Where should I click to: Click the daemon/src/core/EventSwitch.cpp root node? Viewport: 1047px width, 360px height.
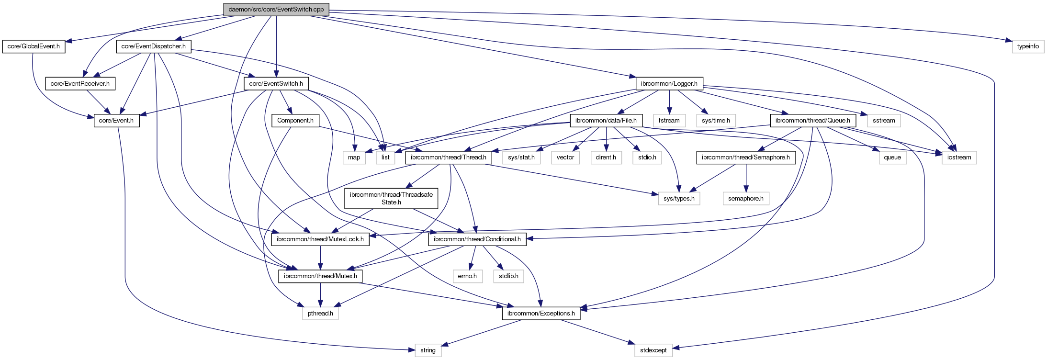click(276, 9)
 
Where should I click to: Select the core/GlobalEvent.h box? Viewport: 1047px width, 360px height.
click(34, 46)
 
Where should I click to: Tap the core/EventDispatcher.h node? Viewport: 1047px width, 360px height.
click(154, 46)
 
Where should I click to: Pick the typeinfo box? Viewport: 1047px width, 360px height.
click(1028, 46)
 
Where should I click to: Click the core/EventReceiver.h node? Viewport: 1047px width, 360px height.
click(80, 83)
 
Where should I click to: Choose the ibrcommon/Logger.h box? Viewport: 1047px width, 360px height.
click(669, 83)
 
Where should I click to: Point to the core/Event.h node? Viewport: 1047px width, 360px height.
click(116, 120)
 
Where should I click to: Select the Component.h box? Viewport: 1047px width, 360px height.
click(295, 120)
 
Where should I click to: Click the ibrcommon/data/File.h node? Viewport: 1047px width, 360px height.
click(606, 120)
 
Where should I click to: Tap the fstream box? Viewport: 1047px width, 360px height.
click(669, 120)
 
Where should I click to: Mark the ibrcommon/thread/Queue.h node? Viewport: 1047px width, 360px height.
click(813, 120)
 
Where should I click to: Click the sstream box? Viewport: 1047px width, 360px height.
click(884, 120)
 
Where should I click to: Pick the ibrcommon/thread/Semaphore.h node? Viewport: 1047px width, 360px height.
click(746, 157)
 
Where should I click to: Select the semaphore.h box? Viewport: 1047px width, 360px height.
click(746, 198)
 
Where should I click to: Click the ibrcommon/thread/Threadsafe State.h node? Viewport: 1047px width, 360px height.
click(391, 198)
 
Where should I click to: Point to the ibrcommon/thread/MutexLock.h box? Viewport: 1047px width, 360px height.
click(320, 239)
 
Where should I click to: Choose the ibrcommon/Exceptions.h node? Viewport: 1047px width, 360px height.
click(541, 313)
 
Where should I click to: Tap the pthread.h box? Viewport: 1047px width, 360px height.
click(320, 313)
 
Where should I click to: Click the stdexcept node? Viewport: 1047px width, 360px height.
click(653, 350)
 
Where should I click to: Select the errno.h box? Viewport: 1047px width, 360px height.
click(467, 276)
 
